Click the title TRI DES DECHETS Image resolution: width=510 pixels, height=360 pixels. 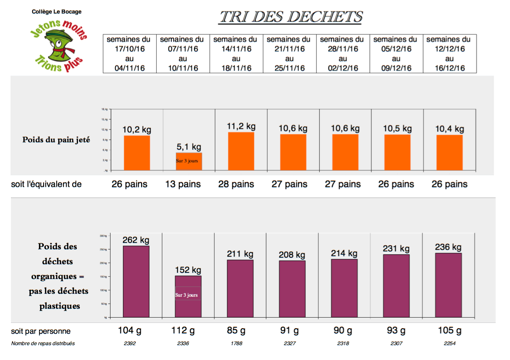[291, 17]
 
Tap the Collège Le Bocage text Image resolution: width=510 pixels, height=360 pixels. [56, 12]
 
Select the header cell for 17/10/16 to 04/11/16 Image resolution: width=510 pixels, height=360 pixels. [129, 54]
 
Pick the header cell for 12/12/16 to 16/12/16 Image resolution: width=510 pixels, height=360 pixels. [449, 54]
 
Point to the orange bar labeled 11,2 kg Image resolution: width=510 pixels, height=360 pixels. [241, 151]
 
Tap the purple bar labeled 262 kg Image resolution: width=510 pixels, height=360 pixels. [136, 282]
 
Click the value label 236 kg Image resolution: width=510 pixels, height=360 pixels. [448, 247]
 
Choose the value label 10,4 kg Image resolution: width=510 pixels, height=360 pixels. [449, 129]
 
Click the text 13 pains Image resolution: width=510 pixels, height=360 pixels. [183, 184]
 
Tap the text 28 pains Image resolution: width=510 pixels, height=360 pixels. [236, 184]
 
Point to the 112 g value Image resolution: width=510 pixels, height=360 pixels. [183, 330]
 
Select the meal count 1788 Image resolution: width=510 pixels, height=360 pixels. [236, 343]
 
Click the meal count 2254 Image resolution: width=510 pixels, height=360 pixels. [449, 343]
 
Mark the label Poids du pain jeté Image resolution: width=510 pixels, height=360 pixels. [56, 140]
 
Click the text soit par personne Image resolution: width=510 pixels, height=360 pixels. [41, 331]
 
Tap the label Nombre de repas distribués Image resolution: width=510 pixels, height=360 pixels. [43, 343]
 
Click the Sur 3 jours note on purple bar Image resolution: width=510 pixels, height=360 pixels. [187, 295]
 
